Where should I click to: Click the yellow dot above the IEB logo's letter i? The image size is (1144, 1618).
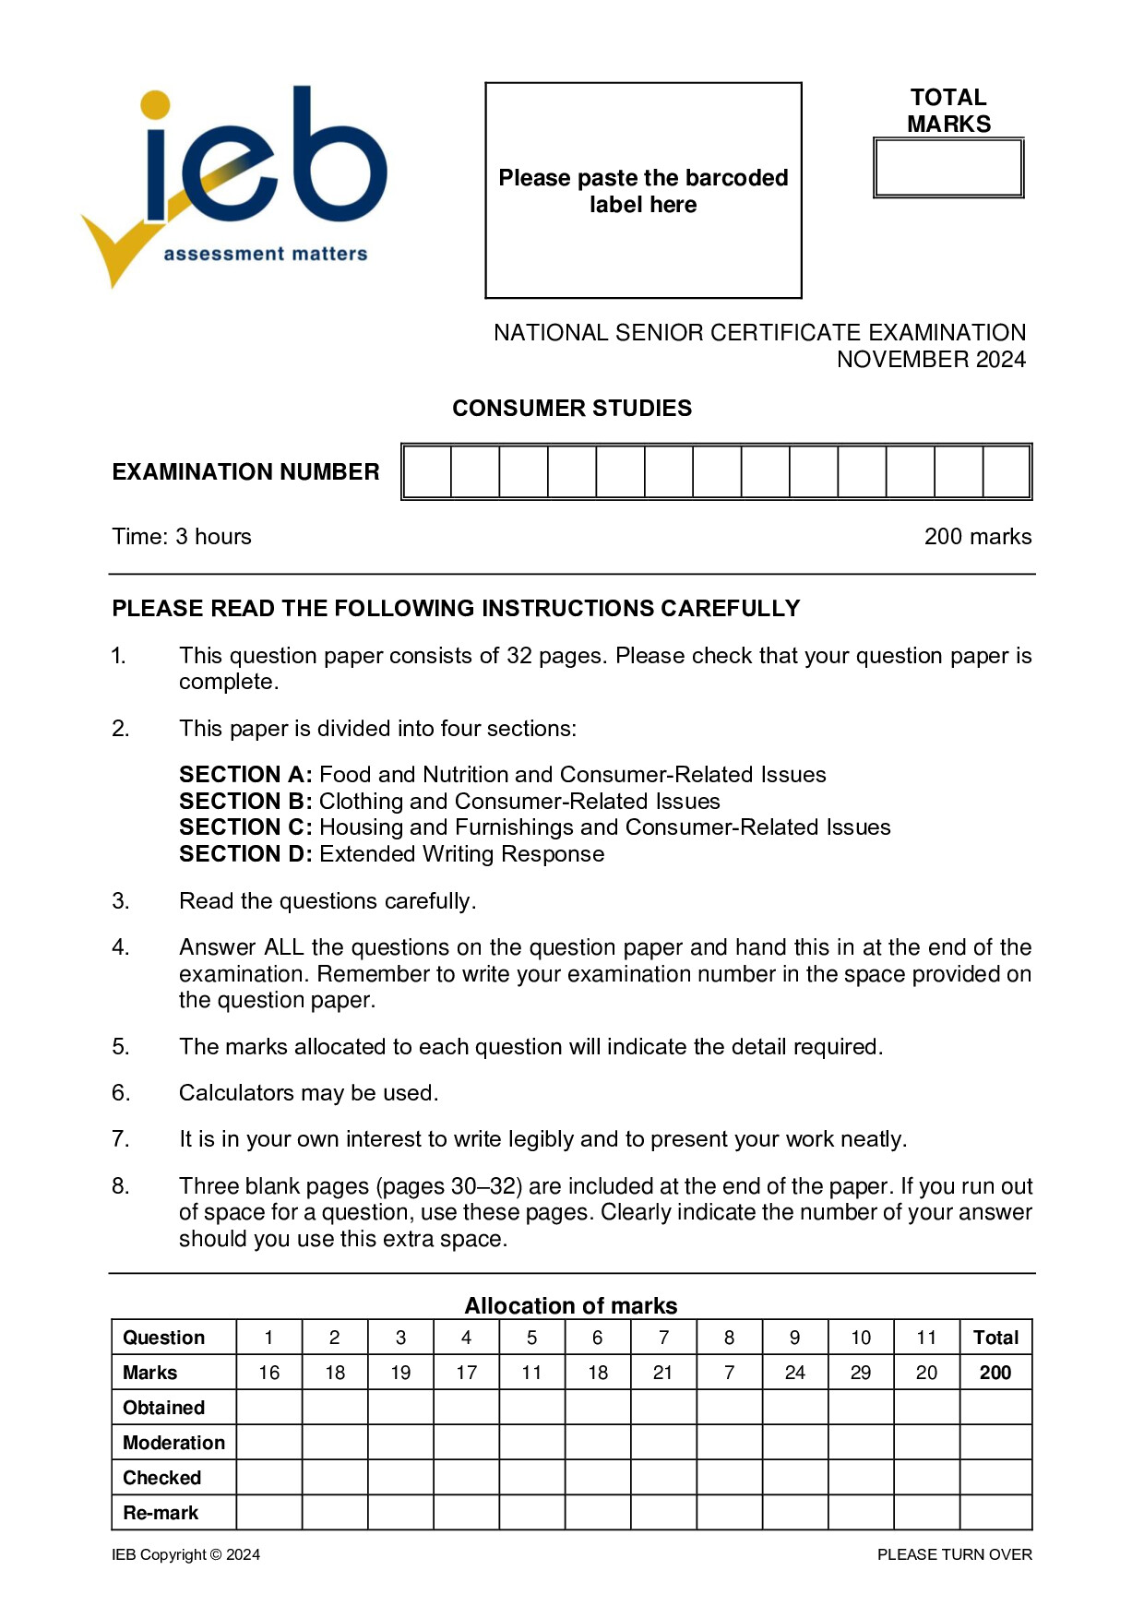point(156,105)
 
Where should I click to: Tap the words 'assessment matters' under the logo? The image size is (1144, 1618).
point(266,254)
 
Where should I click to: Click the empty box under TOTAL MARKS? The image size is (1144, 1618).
point(948,168)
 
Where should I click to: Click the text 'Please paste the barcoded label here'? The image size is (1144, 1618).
point(643,191)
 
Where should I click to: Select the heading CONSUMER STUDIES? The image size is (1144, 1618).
point(572,408)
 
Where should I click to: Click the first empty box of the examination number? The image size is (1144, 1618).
point(428,472)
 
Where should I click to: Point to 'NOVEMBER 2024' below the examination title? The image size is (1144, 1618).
point(931,360)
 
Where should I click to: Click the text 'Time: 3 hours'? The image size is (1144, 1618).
point(182,537)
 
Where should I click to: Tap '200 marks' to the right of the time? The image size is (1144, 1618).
point(978,537)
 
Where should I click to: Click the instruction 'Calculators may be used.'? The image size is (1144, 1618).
point(308,1093)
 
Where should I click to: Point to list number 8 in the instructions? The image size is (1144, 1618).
point(121,1186)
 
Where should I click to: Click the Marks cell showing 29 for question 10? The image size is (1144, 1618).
point(861,1373)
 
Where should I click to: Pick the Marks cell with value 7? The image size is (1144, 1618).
point(729,1373)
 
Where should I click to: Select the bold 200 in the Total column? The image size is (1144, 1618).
point(995,1373)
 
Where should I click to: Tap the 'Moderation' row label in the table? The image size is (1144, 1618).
point(173,1443)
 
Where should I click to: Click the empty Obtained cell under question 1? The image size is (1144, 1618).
point(269,1408)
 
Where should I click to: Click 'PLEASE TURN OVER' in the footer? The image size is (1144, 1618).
point(954,1554)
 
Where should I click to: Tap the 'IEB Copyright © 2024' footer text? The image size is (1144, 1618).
point(185,1554)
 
